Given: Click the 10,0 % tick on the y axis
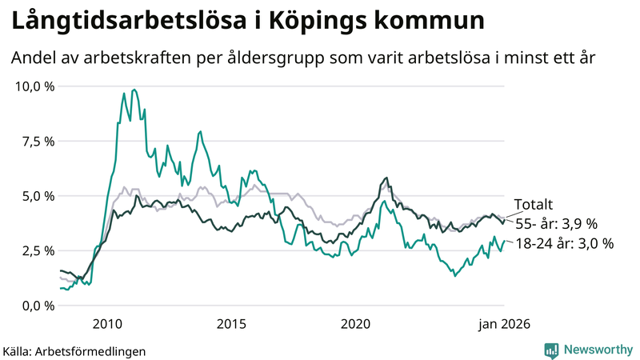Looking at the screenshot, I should pyautogui.click(x=34, y=86).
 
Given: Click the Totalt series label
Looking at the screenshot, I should pyautogui.click(x=533, y=205).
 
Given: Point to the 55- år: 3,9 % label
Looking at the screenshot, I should pyautogui.click(x=556, y=224).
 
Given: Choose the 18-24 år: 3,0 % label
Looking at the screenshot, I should pyautogui.click(x=564, y=244).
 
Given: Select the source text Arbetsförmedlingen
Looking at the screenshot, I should pyautogui.click(x=91, y=350).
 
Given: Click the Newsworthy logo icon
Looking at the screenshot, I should pyautogui.click(x=552, y=350).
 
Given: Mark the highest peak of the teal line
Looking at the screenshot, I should pyautogui.click(x=134, y=90).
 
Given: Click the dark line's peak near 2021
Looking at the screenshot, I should pyautogui.click(x=386, y=178).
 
